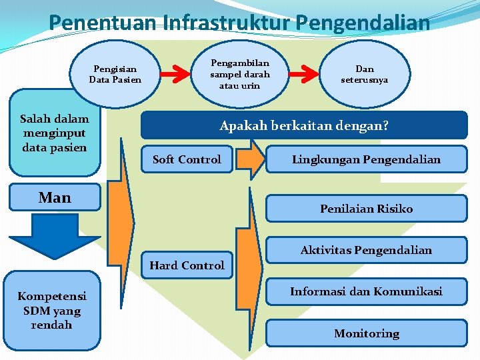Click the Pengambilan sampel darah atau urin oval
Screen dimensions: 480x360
tap(239, 74)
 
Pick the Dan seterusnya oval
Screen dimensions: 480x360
tap(365, 74)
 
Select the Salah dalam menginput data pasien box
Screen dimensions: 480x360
tap(54, 133)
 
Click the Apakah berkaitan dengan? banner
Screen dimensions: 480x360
tap(304, 125)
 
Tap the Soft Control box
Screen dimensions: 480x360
tap(187, 159)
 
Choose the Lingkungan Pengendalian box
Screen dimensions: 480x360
tap(366, 159)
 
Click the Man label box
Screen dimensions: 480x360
tap(55, 197)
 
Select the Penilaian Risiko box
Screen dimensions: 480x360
tap(366, 209)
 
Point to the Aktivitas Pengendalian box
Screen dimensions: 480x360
tap(366, 250)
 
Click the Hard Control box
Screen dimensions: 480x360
tap(187, 265)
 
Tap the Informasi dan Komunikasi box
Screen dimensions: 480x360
tap(366, 291)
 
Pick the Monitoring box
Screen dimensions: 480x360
tap(366, 333)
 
